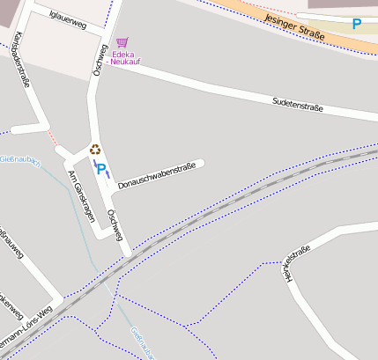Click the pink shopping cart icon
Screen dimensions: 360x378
coord(122,42)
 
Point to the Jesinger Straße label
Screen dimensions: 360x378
coord(294,28)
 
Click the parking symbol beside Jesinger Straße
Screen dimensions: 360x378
coord(356,25)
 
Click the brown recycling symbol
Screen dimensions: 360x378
coord(95,150)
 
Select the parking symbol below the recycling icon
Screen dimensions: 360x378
coord(100,167)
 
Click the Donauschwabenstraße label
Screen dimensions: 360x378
coord(156,173)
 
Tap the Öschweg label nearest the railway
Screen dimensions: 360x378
coord(115,224)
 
